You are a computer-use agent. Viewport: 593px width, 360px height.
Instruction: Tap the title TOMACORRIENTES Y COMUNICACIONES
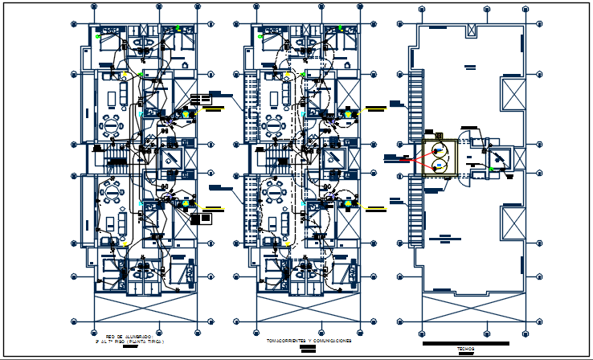(309, 341)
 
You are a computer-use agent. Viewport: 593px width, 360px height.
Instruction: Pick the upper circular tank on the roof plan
(439, 149)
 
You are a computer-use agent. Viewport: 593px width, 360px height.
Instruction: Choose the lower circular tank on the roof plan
(439, 164)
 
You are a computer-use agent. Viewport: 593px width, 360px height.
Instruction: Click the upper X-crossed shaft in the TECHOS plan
(511, 95)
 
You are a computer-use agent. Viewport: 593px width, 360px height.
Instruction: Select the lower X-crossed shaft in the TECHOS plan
(511, 222)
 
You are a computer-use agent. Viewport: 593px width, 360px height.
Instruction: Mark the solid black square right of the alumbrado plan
(206, 217)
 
